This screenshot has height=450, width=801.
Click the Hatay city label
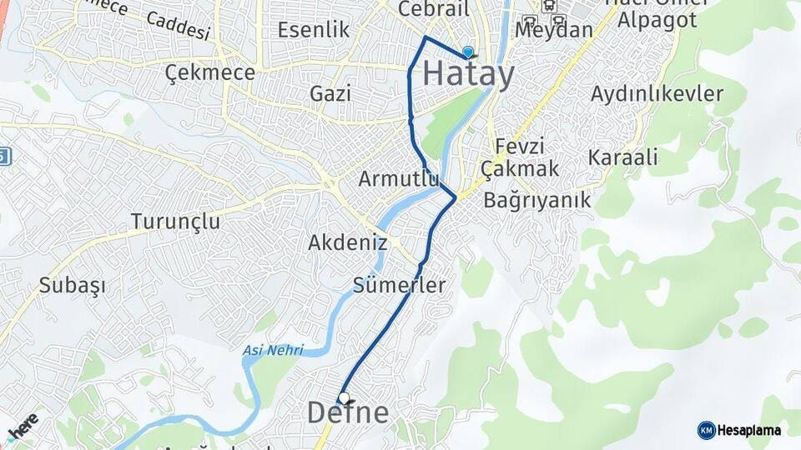[x=468, y=73]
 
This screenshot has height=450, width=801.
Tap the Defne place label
[x=348, y=412]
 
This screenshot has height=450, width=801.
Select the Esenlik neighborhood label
[x=313, y=30]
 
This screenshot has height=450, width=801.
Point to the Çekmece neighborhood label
[x=209, y=72]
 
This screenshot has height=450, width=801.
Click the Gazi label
[x=330, y=93]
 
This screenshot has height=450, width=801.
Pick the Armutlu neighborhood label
[x=399, y=178]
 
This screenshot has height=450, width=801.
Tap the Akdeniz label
[x=347, y=242]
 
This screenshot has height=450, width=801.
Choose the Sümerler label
[x=399, y=284]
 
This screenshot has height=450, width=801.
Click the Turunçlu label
[x=175, y=222]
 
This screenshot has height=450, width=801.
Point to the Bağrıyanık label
[x=537, y=200]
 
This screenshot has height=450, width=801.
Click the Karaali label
[x=623, y=157]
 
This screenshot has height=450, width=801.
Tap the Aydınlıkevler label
[x=657, y=94]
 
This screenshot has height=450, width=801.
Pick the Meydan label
[x=554, y=30]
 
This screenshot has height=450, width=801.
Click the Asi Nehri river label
[x=273, y=350]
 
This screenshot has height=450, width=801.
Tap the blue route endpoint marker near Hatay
[x=467, y=52]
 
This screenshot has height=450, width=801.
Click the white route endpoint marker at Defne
[x=343, y=397]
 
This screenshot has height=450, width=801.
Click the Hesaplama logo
[x=740, y=430]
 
